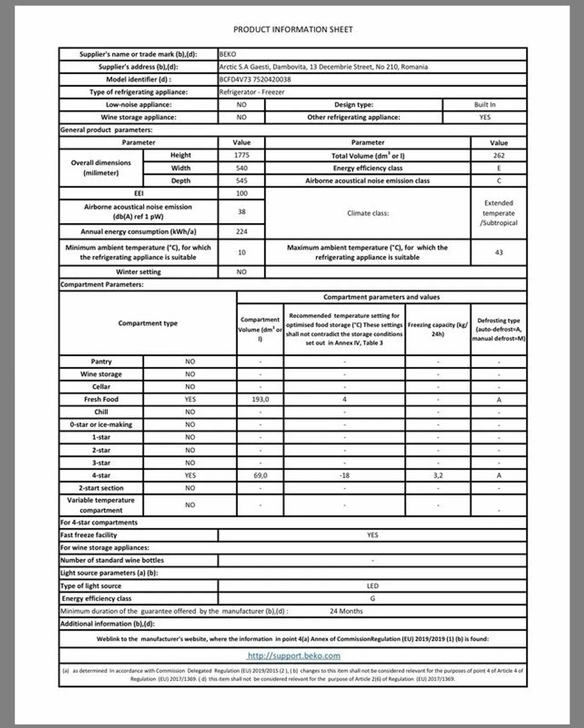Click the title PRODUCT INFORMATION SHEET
click(293, 29)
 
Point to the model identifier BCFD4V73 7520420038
click(255, 79)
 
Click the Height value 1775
click(241, 155)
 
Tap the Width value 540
click(241, 168)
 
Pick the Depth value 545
click(241, 181)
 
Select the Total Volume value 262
click(498, 155)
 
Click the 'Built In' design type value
click(485, 104)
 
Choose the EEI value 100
click(241, 194)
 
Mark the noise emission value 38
click(241, 212)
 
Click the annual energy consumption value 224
click(241, 232)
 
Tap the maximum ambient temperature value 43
click(498, 252)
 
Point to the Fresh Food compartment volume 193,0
click(260, 399)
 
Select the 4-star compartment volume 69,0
click(260, 476)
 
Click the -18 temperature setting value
click(344, 476)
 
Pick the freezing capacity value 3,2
click(437, 476)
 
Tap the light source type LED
click(372, 586)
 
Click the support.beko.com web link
click(294, 656)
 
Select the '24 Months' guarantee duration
click(346, 611)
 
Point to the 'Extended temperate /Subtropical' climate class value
click(498, 213)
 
